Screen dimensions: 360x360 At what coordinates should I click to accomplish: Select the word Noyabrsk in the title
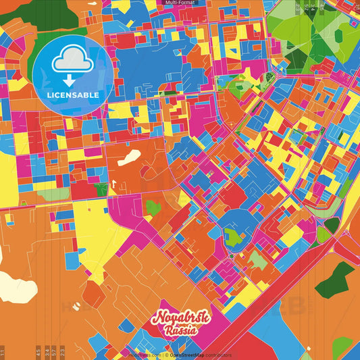click(181, 318)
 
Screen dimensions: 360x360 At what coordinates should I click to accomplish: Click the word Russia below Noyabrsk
click(179, 331)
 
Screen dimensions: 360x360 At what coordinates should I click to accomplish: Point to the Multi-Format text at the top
click(180, 3)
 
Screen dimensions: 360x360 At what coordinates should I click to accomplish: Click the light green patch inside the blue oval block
click(233, 236)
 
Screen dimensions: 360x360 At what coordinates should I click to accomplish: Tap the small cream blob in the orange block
click(130, 157)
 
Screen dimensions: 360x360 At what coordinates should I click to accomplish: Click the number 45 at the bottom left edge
click(38, 351)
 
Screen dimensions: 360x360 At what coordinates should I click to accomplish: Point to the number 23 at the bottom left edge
click(62, 351)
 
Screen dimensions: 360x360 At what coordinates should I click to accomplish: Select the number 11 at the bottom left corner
click(3, 352)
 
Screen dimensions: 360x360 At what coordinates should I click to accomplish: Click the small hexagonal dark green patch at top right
click(332, 225)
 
